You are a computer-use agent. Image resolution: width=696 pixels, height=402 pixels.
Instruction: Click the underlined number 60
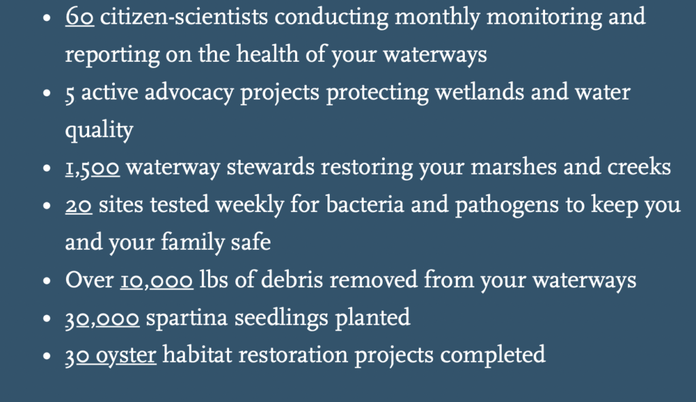coord(80,17)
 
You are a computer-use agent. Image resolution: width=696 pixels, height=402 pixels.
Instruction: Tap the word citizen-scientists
coord(184,17)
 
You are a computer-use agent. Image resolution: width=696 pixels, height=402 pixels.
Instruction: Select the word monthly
coord(437,18)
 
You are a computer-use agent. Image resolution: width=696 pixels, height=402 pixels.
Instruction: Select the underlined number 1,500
coord(92,168)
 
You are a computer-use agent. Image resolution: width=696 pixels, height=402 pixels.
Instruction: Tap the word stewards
coord(271,168)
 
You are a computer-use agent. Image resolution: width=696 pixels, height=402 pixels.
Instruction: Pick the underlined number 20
coord(79,206)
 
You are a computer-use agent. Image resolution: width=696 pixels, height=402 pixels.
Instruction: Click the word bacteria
coord(365,205)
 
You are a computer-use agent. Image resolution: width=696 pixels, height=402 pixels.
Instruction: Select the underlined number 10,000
coord(157,281)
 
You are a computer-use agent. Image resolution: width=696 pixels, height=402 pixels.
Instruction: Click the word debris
coord(292,280)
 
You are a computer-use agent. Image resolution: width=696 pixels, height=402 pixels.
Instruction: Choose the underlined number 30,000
coord(102,319)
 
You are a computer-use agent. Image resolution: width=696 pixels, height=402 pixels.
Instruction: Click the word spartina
coord(186,318)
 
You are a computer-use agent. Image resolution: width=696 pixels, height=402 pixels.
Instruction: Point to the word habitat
coord(197,355)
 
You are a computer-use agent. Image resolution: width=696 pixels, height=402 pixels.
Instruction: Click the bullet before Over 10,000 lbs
coord(47,281)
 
